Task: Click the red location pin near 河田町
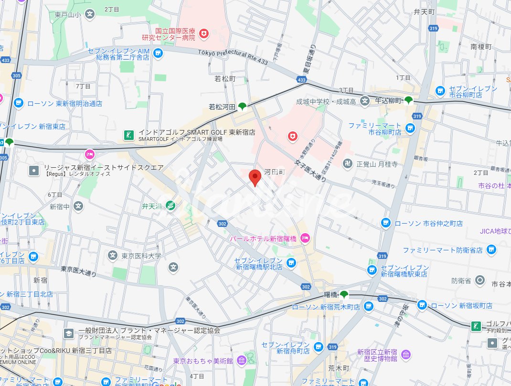[x=255, y=177]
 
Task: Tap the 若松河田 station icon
[x=243, y=106]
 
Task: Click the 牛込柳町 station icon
[x=409, y=100]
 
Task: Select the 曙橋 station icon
[x=343, y=294]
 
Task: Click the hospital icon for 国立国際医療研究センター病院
[x=204, y=33]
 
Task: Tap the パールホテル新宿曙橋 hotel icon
[x=305, y=238]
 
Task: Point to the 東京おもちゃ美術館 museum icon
[x=241, y=360]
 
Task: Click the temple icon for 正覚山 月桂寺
[x=348, y=163]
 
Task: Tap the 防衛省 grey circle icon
[x=480, y=280]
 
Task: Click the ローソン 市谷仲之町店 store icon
[x=386, y=223]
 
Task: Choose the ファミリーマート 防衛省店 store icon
[x=491, y=249]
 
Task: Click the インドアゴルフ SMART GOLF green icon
[x=128, y=135]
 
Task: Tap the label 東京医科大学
[x=141, y=256]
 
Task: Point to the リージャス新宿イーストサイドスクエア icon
[x=34, y=170]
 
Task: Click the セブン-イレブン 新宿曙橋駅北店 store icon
[x=291, y=262]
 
